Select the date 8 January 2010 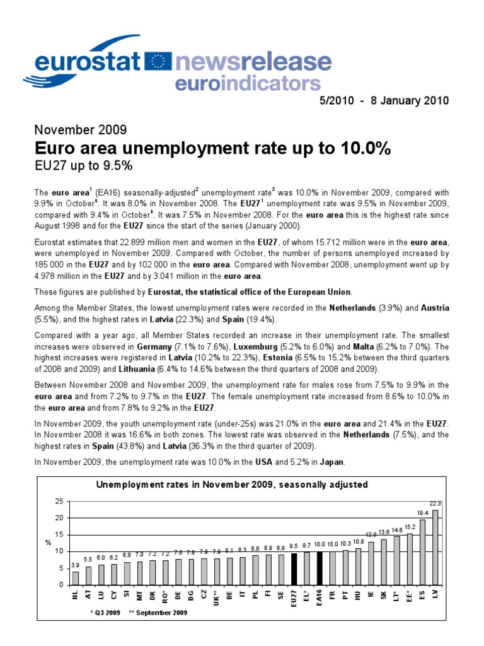click(x=421, y=101)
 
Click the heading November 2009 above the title click(x=80, y=131)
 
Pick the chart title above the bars click(x=231, y=484)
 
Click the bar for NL click(x=76, y=577)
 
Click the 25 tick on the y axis click(x=59, y=501)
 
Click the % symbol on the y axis click(x=48, y=542)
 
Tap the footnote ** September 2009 click(x=158, y=613)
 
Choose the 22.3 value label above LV click(x=435, y=503)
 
